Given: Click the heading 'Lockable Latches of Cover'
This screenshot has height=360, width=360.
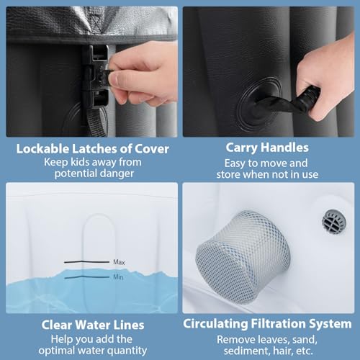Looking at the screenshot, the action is click(93, 149).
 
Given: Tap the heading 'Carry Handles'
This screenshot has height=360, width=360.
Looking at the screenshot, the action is click(267, 148).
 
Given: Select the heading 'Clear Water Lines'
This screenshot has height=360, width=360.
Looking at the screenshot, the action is click(93, 325).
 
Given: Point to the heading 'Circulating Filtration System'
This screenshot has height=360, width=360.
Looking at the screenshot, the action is click(267, 324).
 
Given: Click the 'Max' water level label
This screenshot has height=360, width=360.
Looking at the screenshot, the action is click(119, 262).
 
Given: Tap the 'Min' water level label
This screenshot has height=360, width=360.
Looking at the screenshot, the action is click(118, 277).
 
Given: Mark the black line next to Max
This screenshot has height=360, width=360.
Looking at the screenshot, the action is click(86, 262).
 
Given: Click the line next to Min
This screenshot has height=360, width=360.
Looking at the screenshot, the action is click(87, 277).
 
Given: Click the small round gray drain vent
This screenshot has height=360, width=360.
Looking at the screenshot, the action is click(334, 221).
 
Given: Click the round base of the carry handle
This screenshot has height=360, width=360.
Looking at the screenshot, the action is click(258, 104).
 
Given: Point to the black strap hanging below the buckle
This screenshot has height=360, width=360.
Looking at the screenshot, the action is click(97, 121).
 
